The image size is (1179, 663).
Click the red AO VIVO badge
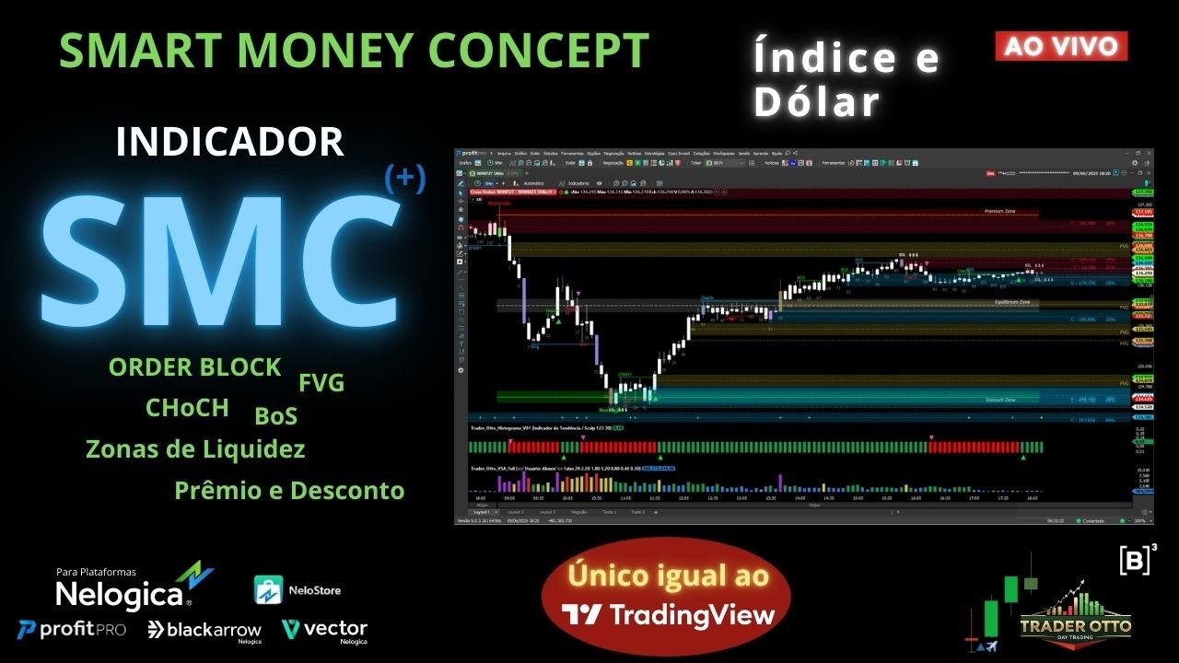point(1061,46)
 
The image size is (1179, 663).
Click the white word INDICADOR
point(229,143)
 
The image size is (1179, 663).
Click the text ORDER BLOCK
point(194,367)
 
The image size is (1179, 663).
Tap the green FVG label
point(321,382)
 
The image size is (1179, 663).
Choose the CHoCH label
point(187,407)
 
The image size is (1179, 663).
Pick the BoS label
point(275,416)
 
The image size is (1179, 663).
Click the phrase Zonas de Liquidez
point(194,449)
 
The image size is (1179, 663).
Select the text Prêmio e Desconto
point(289,490)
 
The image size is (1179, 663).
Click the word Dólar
point(816,101)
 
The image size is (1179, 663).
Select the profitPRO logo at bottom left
point(71,630)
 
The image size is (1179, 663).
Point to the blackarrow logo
point(204,630)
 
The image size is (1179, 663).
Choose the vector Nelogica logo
point(325,630)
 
